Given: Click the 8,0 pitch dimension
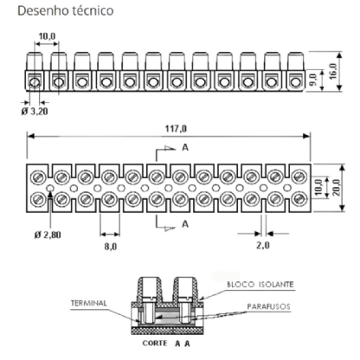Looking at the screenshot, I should (112, 246).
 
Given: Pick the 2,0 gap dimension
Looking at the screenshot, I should (264, 246).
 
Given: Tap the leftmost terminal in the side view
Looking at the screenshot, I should (35, 82).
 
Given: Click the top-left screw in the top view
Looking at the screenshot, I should (39, 177).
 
